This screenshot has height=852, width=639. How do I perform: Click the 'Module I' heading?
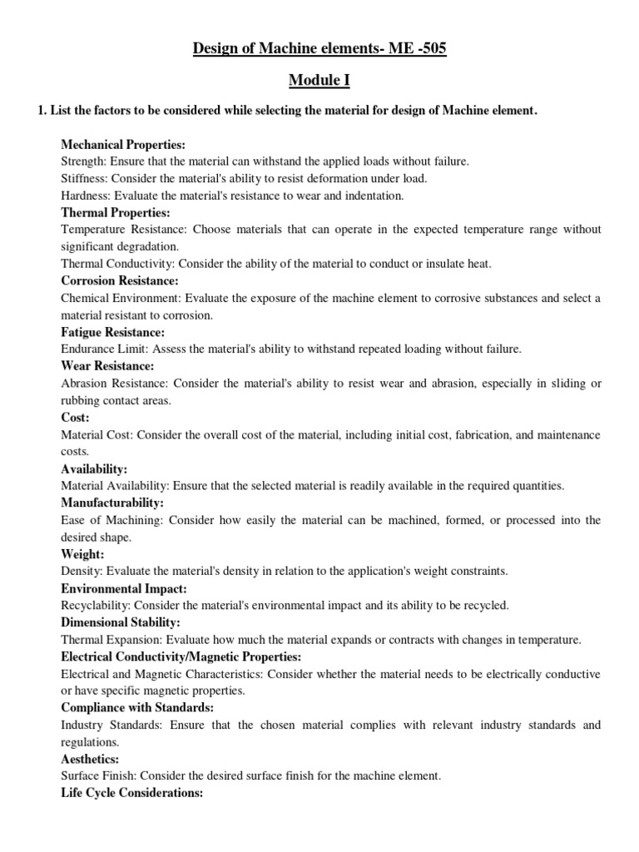pyautogui.click(x=319, y=80)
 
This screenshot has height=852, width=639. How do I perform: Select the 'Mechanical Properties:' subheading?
pyautogui.click(x=123, y=145)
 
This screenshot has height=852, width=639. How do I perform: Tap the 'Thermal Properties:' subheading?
pyautogui.click(x=116, y=213)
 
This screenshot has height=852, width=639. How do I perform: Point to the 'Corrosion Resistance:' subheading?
pyautogui.click(x=120, y=281)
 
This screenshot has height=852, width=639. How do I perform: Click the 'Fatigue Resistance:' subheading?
pyautogui.click(x=113, y=333)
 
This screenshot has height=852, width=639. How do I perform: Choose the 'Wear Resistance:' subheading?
pyautogui.click(x=108, y=366)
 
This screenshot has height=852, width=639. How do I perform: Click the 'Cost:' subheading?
pyautogui.click(x=76, y=418)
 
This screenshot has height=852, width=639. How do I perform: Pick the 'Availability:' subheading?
pyautogui.click(x=94, y=469)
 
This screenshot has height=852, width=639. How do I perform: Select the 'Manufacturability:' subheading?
pyautogui.click(x=112, y=503)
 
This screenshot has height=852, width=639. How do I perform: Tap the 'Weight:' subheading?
pyautogui.click(x=82, y=554)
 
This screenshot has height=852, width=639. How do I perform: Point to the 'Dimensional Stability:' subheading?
pyautogui.click(x=121, y=622)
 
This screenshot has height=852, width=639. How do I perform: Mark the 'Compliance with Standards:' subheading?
pyautogui.click(x=137, y=707)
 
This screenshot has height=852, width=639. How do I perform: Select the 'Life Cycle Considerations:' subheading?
pyautogui.click(x=132, y=793)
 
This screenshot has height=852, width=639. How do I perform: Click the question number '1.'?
pyautogui.click(x=42, y=111)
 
